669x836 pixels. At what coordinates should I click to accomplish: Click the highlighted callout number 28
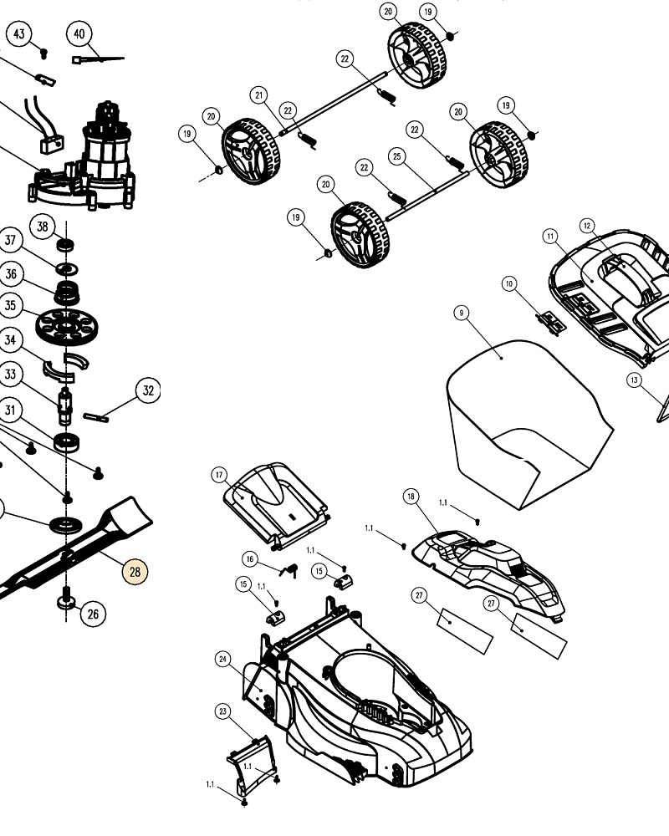pos(135,572)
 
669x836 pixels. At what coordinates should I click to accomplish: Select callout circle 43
pos(19,34)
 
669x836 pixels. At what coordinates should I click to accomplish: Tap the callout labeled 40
pos(79,34)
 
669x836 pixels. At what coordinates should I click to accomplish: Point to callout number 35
pos(10,305)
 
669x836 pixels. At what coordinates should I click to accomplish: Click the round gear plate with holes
pos(67,324)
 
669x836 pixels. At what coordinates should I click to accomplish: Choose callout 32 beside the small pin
pos(148,390)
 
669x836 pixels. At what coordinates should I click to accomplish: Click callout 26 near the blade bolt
pos(92,614)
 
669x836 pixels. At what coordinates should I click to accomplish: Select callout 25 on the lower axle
pos(397,156)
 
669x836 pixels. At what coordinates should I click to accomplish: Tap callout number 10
pos(509,284)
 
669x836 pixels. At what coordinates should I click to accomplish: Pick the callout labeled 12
pos(587,225)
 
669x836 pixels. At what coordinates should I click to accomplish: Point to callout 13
pos(635,380)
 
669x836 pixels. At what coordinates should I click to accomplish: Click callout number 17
pos(220,475)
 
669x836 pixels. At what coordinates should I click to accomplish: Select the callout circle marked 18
pos(410,497)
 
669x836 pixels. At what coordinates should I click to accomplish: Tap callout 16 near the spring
pos(249,558)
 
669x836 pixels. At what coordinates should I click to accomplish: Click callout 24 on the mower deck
pos(222,660)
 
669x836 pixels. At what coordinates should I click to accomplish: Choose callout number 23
pos(222,711)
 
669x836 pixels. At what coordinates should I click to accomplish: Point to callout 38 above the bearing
pos(43,226)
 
